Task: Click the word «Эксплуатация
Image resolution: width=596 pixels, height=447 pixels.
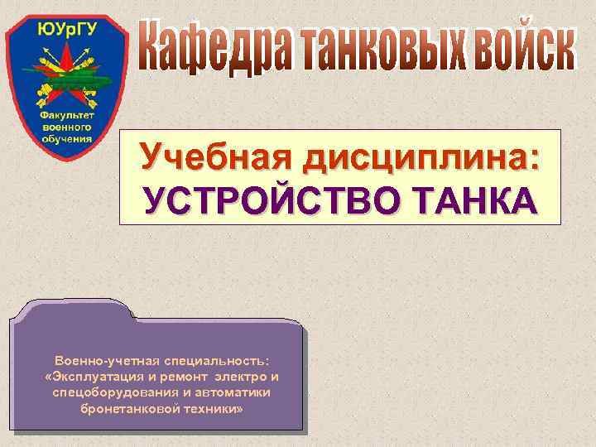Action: [x=94, y=377]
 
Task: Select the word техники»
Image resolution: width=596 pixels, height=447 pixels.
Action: [x=209, y=409]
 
